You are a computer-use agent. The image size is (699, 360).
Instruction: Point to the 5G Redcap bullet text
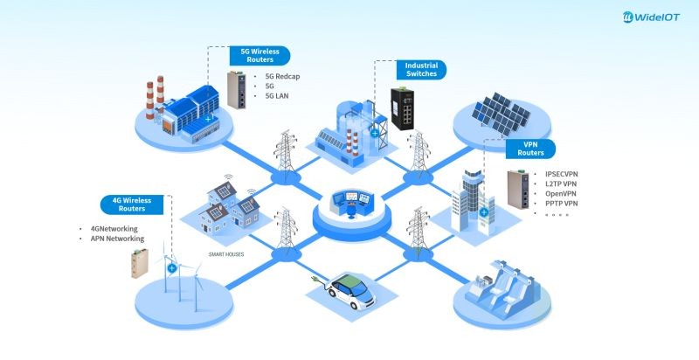[284, 75]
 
